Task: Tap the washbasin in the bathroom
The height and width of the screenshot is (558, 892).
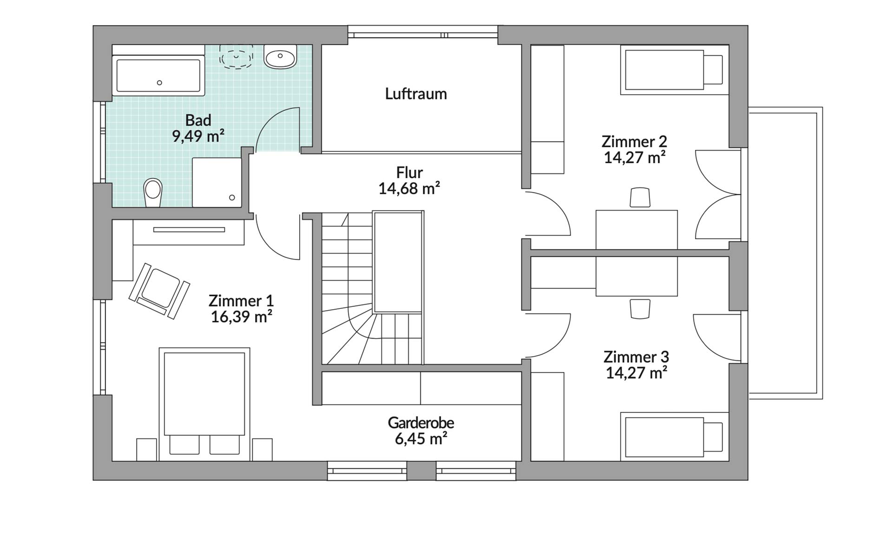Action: [x=280, y=57]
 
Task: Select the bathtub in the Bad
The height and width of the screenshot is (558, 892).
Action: [x=158, y=75]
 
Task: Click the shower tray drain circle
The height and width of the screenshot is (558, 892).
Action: [x=232, y=198]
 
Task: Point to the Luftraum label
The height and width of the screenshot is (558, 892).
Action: [x=416, y=94]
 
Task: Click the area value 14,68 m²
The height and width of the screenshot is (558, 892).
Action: [x=409, y=188]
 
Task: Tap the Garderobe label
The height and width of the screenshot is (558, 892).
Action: [x=421, y=423]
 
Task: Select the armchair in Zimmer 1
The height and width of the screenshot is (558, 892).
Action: [x=159, y=291]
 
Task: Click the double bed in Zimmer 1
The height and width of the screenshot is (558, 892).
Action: [x=204, y=404]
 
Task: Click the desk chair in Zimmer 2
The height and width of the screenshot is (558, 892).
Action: [x=640, y=197]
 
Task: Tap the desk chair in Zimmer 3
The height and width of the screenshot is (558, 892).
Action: [x=640, y=309]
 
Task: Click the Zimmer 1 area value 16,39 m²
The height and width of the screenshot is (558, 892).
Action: [x=242, y=317]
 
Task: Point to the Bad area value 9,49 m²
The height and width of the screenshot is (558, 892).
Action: [x=198, y=136]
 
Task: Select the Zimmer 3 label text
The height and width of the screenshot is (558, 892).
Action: [x=636, y=357]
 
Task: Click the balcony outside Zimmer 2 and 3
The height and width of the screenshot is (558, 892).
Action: [x=785, y=253]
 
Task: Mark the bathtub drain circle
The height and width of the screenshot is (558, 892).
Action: [x=159, y=83]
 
